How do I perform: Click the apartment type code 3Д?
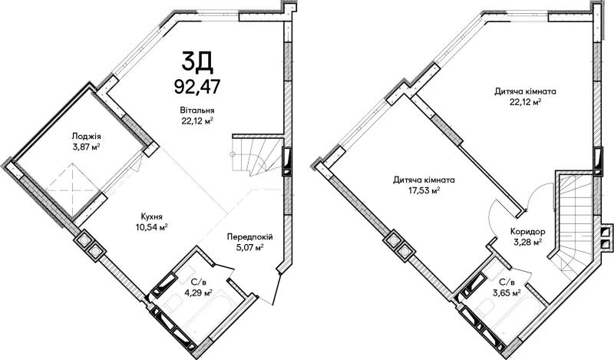click(x=197, y=63)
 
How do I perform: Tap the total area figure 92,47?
click(x=197, y=87)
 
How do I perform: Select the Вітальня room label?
click(x=197, y=111)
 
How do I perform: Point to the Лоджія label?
click(x=86, y=137)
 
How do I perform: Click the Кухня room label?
click(x=152, y=216)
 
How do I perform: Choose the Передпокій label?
click(x=250, y=237)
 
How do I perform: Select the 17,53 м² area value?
click(x=424, y=191)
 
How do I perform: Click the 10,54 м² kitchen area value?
click(x=152, y=226)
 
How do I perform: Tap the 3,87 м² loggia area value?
click(x=86, y=147)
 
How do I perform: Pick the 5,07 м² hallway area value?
click(x=250, y=247)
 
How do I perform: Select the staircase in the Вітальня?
click(x=258, y=156)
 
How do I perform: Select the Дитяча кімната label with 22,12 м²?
click(x=526, y=91)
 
